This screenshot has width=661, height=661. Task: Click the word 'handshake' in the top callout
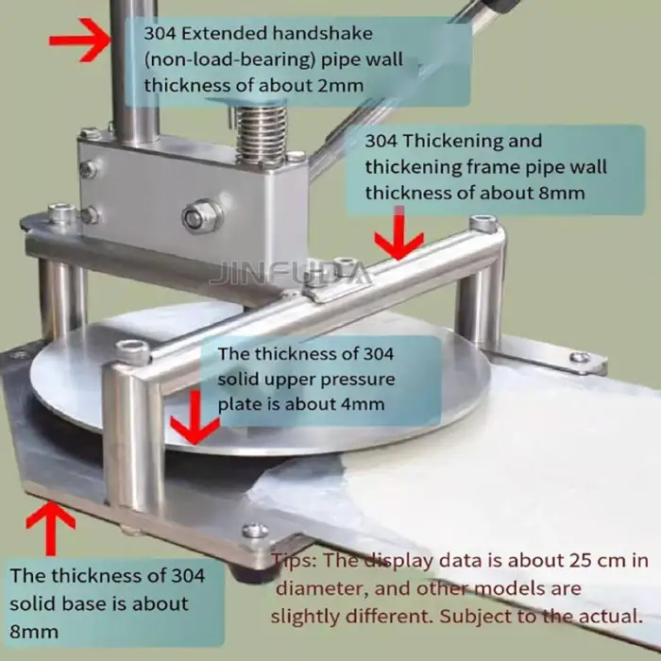pyautogui.click(x=273, y=34)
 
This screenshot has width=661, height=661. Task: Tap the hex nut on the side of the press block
pyautogui.click(x=201, y=216)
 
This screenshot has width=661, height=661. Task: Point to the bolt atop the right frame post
pyautogui.click(x=483, y=224)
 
